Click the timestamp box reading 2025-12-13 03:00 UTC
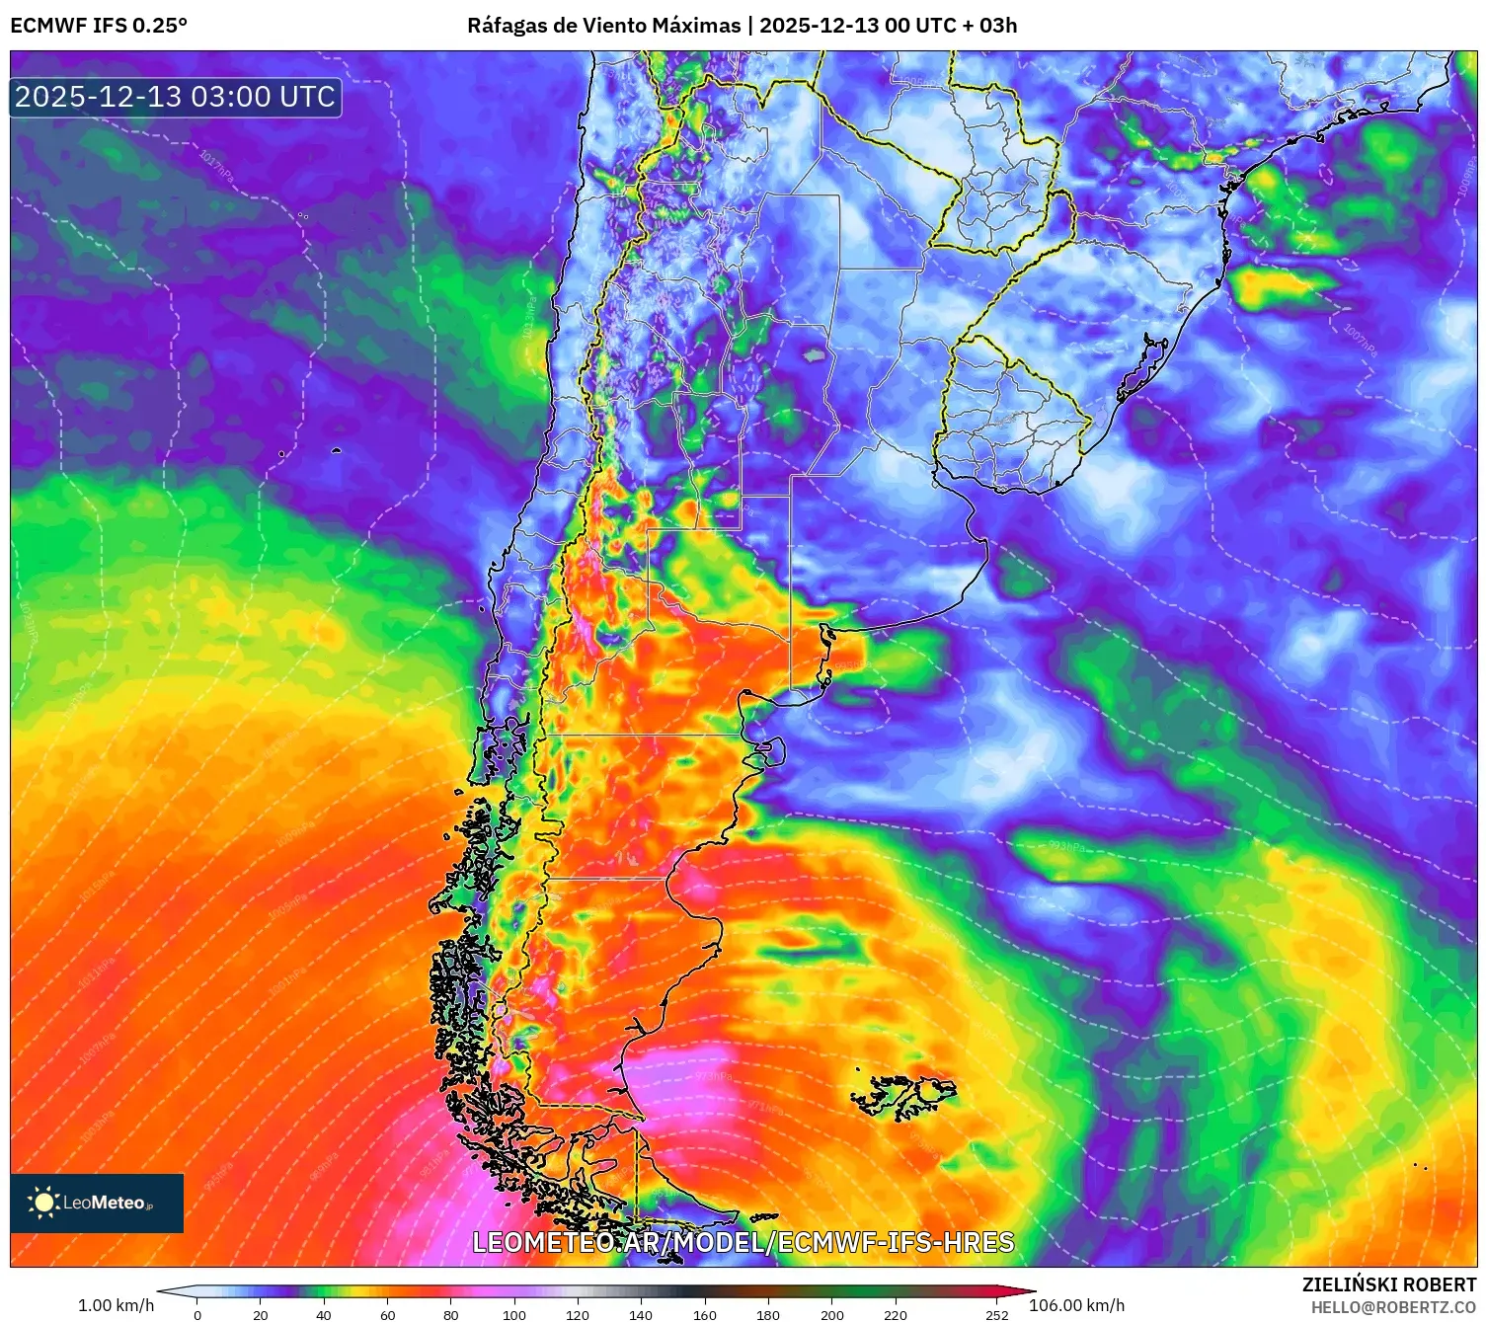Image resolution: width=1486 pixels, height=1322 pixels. [x=176, y=97]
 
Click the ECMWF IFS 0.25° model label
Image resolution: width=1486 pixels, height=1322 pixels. [x=99, y=26]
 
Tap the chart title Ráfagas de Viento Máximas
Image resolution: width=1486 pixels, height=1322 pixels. [x=603, y=26]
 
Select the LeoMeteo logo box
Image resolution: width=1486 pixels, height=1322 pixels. [x=97, y=1203]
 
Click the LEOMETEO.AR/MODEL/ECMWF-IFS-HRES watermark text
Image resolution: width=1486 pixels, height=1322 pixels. [x=743, y=1242]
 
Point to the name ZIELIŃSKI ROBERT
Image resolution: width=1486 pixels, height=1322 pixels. [x=1388, y=1284]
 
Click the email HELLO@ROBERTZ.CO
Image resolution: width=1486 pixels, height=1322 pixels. [x=1393, y=1307]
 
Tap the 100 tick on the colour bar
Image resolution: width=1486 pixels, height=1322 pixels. [x=513, y=1314]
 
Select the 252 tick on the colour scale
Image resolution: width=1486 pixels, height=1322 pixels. [x=997, y=1314]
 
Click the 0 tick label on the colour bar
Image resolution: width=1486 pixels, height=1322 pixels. [x=197, y=1314]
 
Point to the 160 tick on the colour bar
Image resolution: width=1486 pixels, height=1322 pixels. [x=705, y=1314]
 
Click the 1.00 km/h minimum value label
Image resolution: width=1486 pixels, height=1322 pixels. [x=117, y=1305]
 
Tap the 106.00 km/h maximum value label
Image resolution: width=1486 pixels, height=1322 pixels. [x=1076, y=1305]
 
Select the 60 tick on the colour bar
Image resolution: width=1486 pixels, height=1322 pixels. [x=387, y=1314]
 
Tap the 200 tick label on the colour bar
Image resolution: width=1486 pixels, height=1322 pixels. [x=832, y=1314]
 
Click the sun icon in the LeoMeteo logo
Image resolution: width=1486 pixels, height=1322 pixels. [x=43, y=1203]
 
